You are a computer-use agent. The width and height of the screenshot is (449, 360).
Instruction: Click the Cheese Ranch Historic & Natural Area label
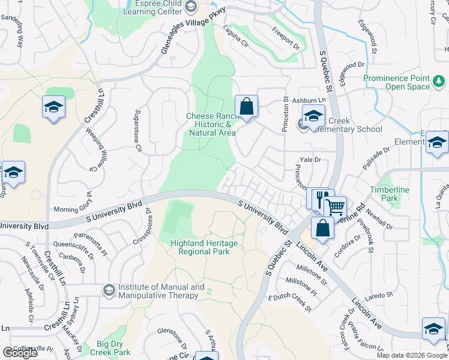pyautogui.click(x=211, y=124)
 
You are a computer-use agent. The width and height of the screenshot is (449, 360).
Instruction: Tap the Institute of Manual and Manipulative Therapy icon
pyautogui.click(x=109, y=291)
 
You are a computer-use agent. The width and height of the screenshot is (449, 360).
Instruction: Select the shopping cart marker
pyautogui.click(x=335, y=206)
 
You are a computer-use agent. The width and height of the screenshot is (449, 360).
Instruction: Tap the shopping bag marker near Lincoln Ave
pyautogui.click(x=322, y=228)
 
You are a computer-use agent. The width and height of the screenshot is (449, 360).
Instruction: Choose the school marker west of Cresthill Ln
pyautogui.click(x=53, y=108)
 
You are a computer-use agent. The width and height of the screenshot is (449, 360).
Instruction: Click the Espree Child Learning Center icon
pyautogui.click(x=191, y=7)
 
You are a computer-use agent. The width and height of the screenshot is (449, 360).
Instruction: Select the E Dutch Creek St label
pyautogui.click(x=290, y=303)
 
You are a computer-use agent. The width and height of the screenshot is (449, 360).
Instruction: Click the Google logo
pyautogui.click(x=20, y=353)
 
